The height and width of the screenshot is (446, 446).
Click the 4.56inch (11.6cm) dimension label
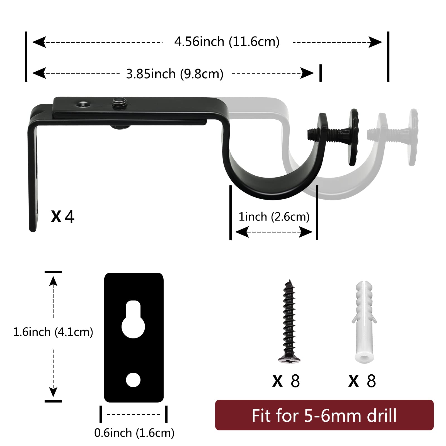[x=227, y=42]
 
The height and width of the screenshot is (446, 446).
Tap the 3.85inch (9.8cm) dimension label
[x=175, y=74]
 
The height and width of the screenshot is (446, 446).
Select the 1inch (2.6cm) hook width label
[x=274, y=217]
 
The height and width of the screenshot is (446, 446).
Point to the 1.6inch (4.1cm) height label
[x=53, y=332]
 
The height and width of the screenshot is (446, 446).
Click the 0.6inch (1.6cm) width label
[x=134, y=433]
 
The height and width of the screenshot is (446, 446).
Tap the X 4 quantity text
[x=63, y=216]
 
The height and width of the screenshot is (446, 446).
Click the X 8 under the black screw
[x=286, y=381]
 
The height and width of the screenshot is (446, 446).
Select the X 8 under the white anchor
[x=362, y=381]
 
